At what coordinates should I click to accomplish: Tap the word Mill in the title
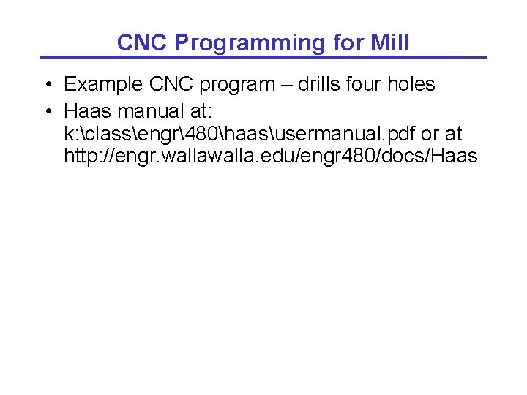389,43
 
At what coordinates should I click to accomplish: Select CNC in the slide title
142,43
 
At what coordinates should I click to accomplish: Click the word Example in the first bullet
103,85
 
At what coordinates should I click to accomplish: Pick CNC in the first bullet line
170,85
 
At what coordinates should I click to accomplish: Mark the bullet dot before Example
48,85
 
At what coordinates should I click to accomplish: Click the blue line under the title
263,57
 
